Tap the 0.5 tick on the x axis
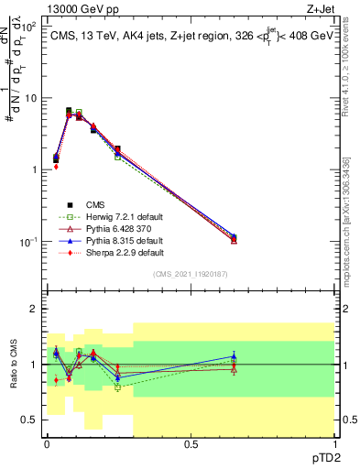pos(191,444)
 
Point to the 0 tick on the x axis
pos(48,444)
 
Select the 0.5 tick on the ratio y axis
pos(30,420)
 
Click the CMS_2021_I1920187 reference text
pos(190,275)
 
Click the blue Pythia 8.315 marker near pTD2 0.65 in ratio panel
pos(234,356)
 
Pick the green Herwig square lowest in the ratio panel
pos(117,387)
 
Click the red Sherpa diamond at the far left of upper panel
pos(56,167)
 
